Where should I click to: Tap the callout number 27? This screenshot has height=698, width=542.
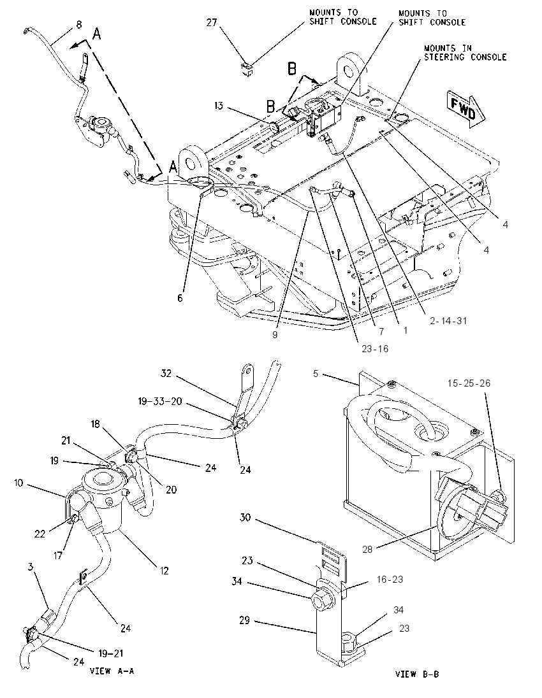[x=212, y=22]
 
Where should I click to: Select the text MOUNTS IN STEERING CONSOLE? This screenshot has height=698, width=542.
[x=465, y=52]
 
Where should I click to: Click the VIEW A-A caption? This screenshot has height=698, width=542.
[x=112, y=671]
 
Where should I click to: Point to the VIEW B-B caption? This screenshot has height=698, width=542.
[x=417, y=674]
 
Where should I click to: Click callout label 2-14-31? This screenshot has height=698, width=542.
[x=448, y=320]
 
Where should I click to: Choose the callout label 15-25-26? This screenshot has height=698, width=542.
[x=469, y=383]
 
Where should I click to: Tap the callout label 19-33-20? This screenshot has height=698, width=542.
[x=159, y=401]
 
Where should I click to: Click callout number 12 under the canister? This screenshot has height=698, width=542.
[x=165, y=571]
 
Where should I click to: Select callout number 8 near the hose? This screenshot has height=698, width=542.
[x=79, y=24]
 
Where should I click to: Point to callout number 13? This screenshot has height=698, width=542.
[x=219, y=106]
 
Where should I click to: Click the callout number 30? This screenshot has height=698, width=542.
[x=245, y=518]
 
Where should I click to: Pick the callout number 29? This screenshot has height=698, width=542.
[x=244, y=620]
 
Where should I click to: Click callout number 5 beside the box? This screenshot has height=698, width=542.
[x=316, y=373]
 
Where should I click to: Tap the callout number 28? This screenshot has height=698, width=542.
[x=367, y=550]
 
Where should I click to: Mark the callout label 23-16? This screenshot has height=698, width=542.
[x=375, y=348]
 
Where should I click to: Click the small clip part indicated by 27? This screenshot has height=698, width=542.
[x=247, y=69]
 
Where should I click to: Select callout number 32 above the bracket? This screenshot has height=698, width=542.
[x=166, y=373]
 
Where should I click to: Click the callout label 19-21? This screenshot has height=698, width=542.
[x=111, y=653]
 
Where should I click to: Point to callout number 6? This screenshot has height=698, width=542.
[x=180, y=298]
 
